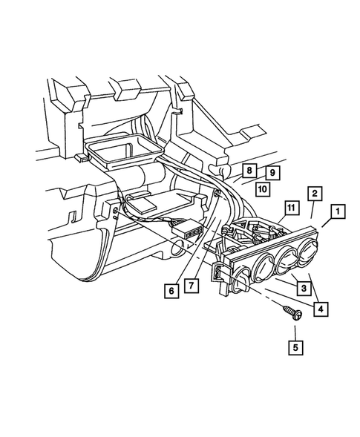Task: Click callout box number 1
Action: [337, 212]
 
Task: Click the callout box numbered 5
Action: [296, 345]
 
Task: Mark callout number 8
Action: [249, 171]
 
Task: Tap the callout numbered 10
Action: [262, 188]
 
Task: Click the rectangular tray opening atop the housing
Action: [123, 151]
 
